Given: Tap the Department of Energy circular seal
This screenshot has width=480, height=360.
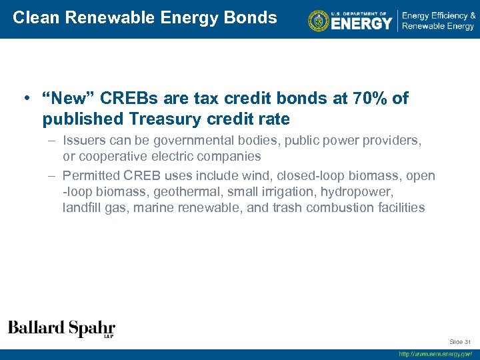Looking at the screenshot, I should click(319, 21).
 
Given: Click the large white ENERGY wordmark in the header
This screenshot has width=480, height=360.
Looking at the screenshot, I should click(361, 23).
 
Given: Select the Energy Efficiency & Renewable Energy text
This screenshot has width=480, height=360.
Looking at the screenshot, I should click(438, 21).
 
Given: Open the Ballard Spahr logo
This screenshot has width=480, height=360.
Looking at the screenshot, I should click(61, 329).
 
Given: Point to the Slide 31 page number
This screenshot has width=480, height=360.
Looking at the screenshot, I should click(460, 342).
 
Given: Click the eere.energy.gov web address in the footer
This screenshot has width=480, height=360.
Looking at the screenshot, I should click(435, 354).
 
